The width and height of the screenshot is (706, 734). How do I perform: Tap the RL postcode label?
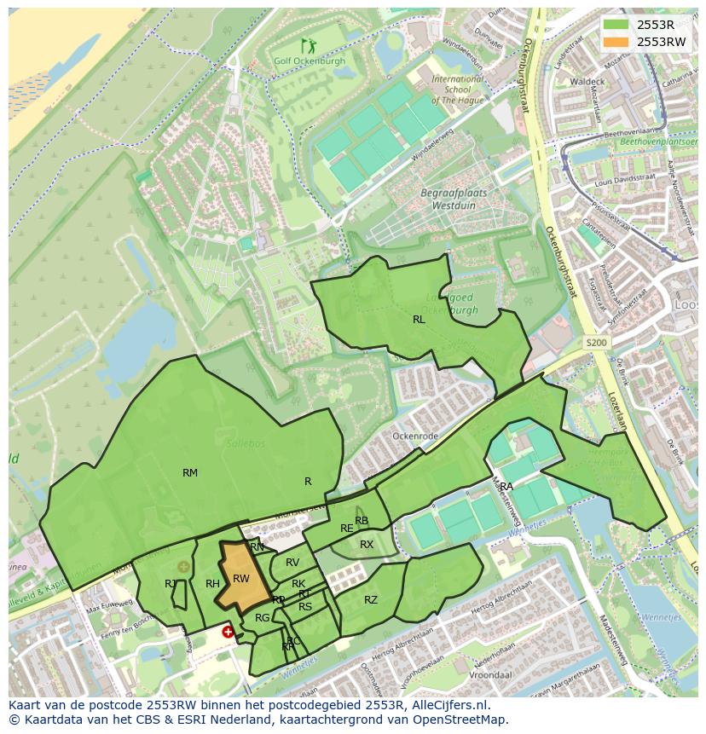(419, 320)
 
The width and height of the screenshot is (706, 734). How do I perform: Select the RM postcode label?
(190, 473)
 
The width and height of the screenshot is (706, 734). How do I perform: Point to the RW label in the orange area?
(241, 580)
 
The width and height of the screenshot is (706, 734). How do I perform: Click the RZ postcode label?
(371, 600)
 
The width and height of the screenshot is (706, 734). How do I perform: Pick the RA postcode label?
(506, 487)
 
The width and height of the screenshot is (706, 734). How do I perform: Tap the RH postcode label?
(213, 584)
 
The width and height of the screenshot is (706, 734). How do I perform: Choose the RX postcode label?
(367, 545)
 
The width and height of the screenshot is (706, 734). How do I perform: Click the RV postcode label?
(292, 563)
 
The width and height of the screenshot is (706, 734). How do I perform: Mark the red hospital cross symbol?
(228, 632)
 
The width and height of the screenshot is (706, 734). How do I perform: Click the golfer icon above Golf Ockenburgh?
(307, 46)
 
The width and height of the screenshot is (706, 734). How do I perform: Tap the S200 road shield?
(597, 342)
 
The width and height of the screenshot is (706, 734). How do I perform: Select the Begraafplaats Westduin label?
(454, 199)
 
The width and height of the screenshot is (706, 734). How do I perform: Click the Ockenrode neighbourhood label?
(414, 436)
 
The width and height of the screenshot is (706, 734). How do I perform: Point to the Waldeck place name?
(587, 82)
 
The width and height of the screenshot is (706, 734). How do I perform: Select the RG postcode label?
(263, 618)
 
